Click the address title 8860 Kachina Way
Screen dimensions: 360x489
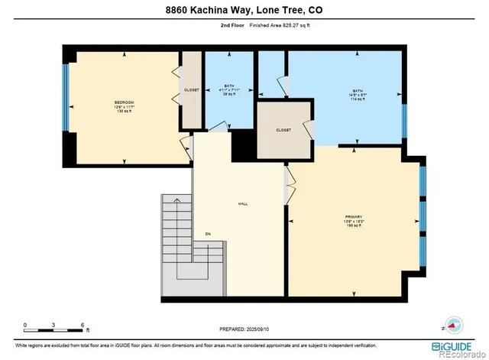[x=244, y=10]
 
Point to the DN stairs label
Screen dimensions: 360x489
[x=207, y=234]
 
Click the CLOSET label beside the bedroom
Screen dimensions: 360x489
[x=192, y=90]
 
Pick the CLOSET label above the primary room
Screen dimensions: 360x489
[x=283, y=130]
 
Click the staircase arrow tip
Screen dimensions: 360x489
[x=176, y=199]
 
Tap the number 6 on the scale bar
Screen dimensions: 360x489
[x=82, y=325]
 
